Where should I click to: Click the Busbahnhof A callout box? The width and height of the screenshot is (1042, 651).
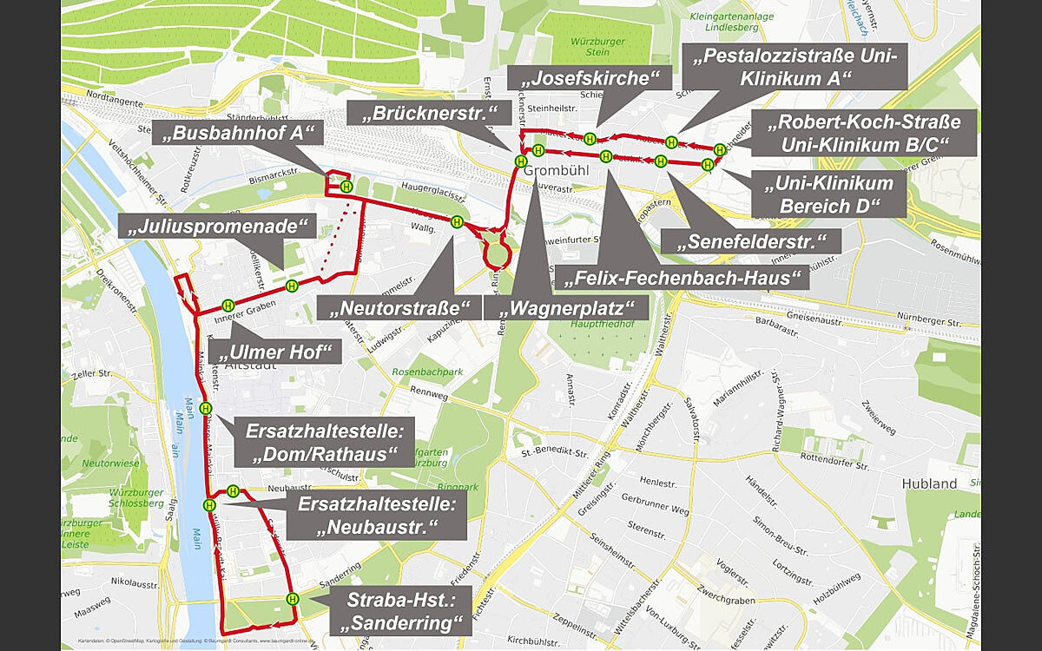point(238,133)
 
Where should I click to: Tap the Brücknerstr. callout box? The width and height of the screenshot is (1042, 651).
point(427,113)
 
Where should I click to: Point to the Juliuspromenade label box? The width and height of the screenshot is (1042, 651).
point(216,228)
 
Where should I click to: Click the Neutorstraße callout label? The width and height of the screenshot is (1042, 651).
point(399,307)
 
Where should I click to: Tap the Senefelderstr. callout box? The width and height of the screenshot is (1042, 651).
point(750,241)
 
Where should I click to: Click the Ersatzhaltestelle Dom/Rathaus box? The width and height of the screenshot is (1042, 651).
point(320,443)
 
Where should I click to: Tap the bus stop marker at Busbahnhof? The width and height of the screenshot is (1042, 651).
point(346,187)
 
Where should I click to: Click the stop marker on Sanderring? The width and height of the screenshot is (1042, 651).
point(293,598)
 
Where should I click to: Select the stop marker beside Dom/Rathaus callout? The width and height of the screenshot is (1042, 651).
point(206,408)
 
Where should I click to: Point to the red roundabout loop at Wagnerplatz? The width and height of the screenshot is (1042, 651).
point(496,254)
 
